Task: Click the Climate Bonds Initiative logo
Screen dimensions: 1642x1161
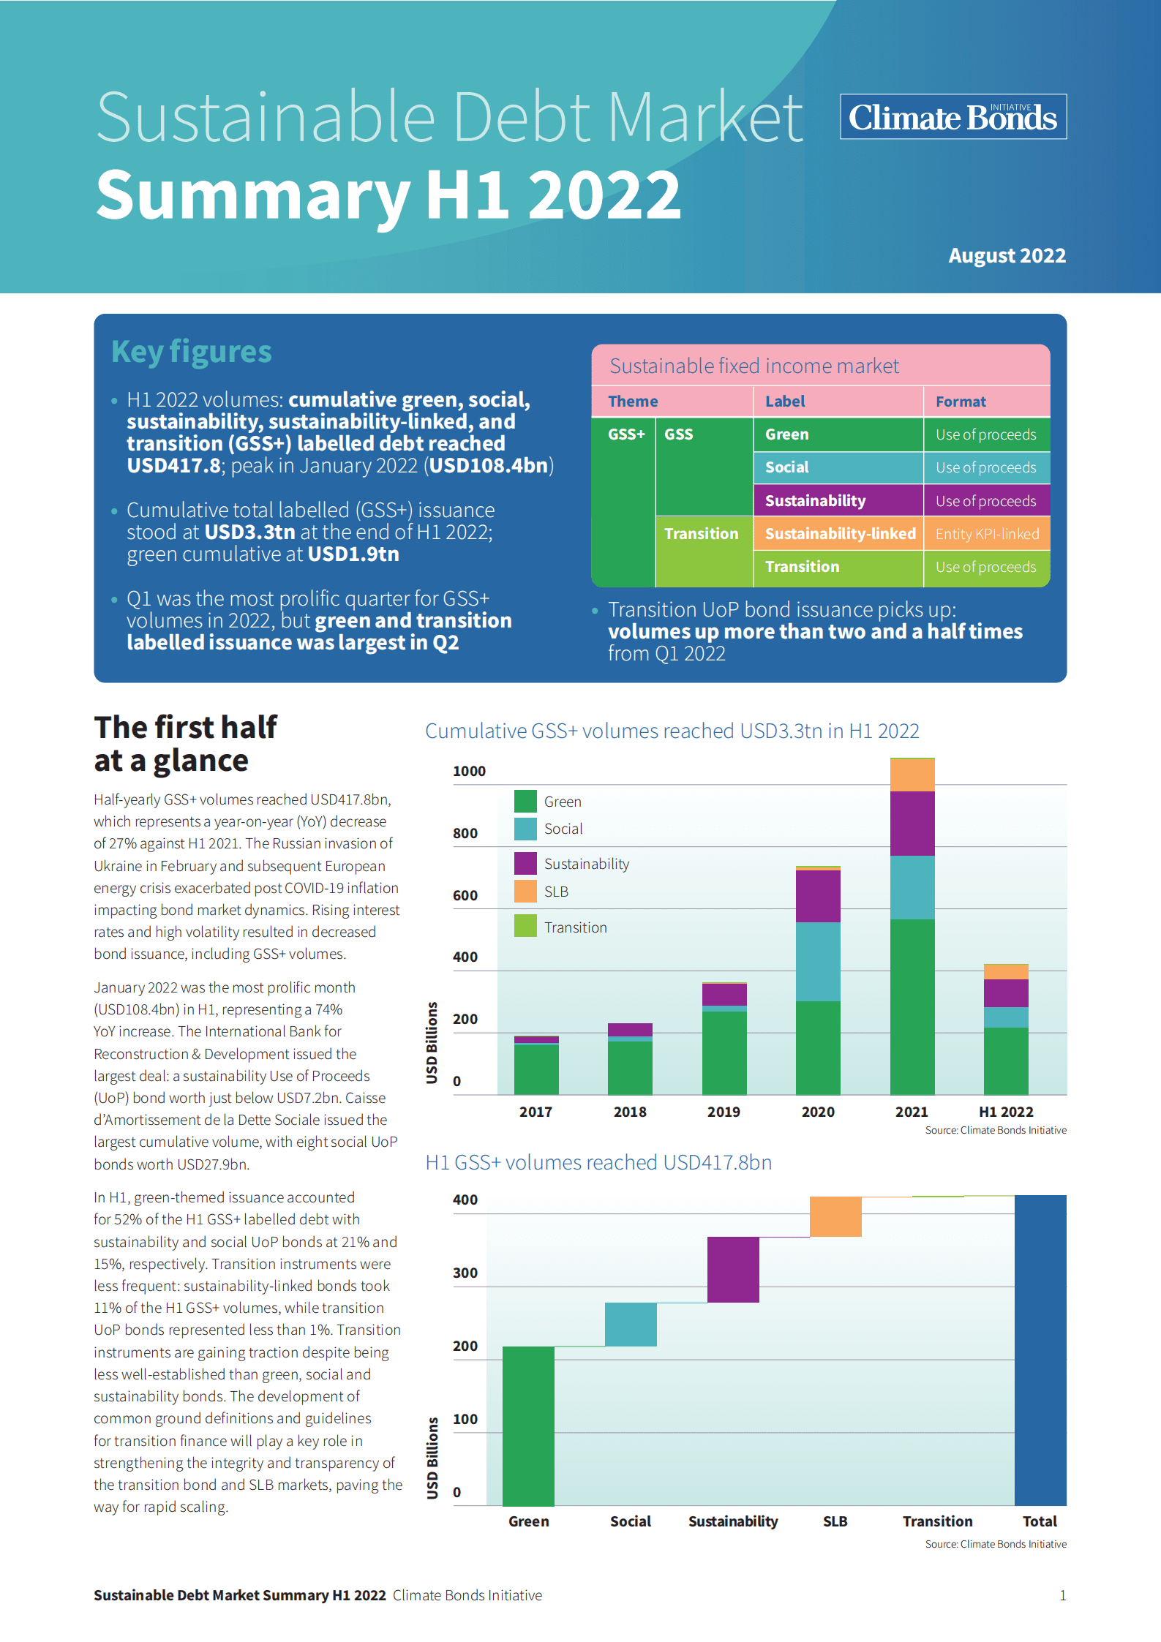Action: click(x=953, y=117)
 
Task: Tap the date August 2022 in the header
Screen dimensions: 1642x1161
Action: click(x=1007, y=256)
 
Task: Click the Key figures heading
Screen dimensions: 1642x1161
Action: click(x=192, y=352)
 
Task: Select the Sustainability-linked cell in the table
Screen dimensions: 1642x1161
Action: click(x=840, y=534)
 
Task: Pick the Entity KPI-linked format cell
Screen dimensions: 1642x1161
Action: click(x=987, y=534)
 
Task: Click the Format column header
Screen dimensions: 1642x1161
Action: click(x=961, y=402)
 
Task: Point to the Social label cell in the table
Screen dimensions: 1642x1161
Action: click(x=787, y=467)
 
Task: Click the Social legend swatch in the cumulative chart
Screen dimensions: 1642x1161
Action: click(x=525, y=829)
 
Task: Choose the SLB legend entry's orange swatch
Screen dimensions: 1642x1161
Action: click(x=525, y=892)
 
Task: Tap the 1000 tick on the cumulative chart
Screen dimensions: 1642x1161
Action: click(x=469, y=772)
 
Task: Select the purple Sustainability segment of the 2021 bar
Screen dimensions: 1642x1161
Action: click(x=912, y=823)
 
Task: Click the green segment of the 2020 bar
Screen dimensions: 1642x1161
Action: click(x=818, y=1047)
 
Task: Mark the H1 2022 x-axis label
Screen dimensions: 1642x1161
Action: click(x=1006, y=1112)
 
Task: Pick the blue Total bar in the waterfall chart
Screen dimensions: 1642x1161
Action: click(x=1040, y=1349)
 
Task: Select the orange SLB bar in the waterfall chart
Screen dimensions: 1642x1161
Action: click(x=835, y=1216)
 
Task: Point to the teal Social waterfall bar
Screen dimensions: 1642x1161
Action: click(x=631, y=1325)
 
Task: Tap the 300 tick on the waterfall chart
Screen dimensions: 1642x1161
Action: click(x=465, y=1273)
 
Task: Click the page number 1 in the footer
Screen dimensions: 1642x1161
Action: click(x=1062, y=1596)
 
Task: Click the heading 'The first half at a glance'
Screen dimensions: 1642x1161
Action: click(x=186, y=744)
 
